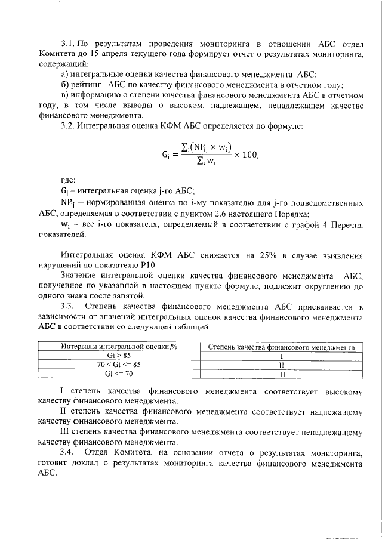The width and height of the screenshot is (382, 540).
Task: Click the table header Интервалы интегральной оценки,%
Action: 113,347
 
